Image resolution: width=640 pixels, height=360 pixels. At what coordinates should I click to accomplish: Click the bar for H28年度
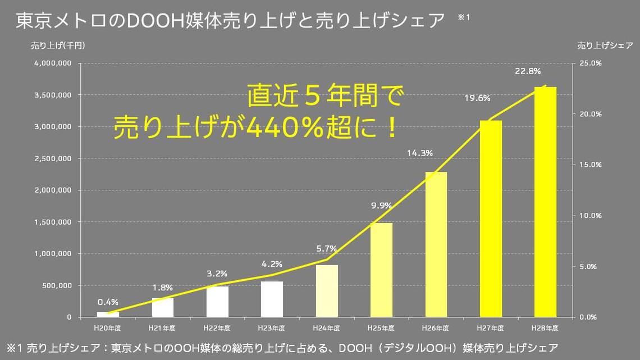point(545,202)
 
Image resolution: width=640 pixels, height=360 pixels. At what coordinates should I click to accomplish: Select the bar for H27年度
point(491,219)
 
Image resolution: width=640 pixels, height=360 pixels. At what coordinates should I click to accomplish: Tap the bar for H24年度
point(327,291)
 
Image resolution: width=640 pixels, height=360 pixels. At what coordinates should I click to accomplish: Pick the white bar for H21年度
point(163,307)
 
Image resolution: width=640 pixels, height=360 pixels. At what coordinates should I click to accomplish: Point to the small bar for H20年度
point(108,315)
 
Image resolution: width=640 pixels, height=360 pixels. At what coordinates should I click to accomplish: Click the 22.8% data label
point(528,71)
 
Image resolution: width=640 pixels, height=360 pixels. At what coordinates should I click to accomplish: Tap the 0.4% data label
point(108,302)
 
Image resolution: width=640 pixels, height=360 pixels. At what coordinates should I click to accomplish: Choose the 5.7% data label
point(326,248)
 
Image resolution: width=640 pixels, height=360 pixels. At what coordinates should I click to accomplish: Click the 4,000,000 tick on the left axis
point(52,63)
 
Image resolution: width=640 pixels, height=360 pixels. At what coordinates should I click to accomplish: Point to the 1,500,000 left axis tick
point(52,222)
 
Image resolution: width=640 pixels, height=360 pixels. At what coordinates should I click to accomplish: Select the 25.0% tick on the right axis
point(591,63)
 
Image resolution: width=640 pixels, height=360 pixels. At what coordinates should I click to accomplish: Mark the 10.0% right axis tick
point(591,216)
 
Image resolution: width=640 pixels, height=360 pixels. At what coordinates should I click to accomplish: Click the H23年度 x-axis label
point(272,327)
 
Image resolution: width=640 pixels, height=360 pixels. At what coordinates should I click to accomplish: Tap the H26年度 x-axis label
point(436,327)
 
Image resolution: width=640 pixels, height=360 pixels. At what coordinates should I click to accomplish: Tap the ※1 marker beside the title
point(464,17)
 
